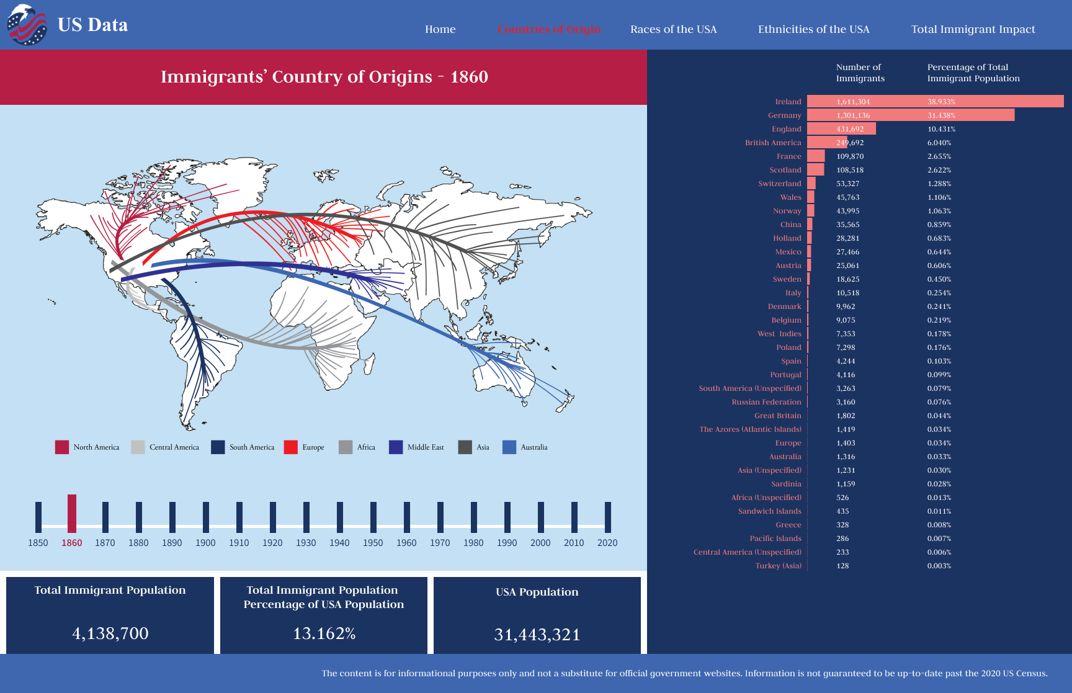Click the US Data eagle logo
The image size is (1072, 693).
pyautogui.click(x=27, y=25)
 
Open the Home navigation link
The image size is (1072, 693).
pyautogui.click(x=440, y=29)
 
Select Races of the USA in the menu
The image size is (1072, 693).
pyautogui.click(x=673, y=29)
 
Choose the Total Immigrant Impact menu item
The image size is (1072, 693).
pyautogui.click(x=973, y=29)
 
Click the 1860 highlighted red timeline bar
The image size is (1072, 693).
pyautogui.click(x=72, y=513)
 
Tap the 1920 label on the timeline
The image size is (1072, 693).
pyautogui.click(x=272, y=543)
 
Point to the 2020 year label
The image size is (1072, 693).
pyautogui.click(x=607, y=543)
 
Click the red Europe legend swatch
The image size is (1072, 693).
pyautogui.click(x=290, y=447)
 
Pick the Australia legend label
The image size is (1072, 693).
pyautogui.click(x=534, y=447)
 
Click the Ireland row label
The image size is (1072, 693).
pyautogui.click(x=788, y=102)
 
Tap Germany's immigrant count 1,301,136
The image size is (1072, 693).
pyautogui.click(x=853, y=115)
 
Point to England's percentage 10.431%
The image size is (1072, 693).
pyautogui.click(x=941, y=129)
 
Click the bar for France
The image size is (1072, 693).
pyautogui.click(x=816, y=156)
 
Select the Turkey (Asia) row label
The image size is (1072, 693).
pyautogui.click(x=778, y=566)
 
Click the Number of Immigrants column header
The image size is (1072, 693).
pyautogui.click(x=860, y=73)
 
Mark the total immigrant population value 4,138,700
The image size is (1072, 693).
pyautogui.click(x=110, y=633)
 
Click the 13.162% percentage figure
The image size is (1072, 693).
pyautogui.click(x=324, y=633)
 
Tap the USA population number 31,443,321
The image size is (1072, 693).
pyautogui.click(x=537, y=635)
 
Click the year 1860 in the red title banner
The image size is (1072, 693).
pyautogui.click(x=469, y=77)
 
